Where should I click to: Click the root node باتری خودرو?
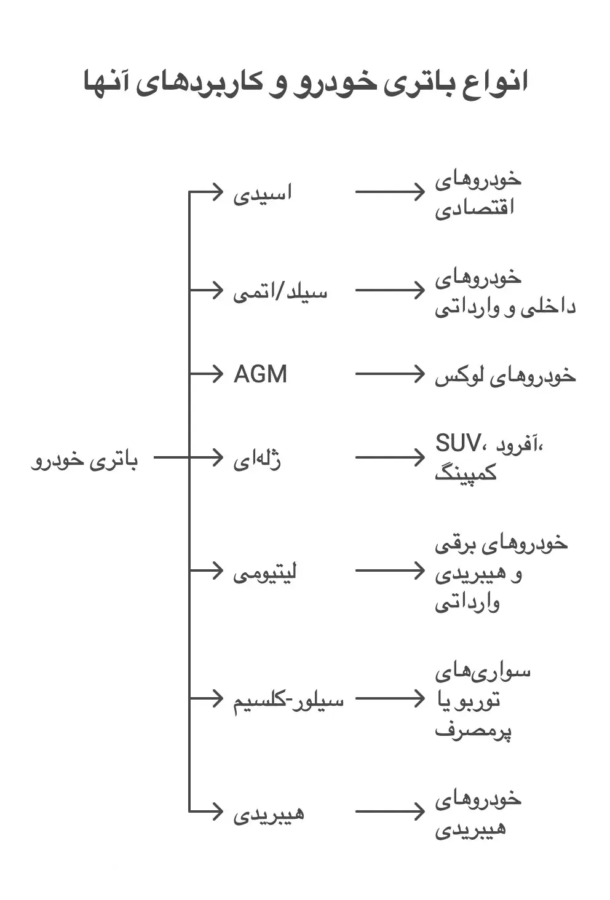[84, 460]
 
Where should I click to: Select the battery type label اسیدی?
[263, 194]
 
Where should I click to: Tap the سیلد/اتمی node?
[280, 292]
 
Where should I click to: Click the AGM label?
[260, 374]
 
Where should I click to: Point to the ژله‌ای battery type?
[257, 460]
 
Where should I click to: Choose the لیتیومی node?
[265, 572]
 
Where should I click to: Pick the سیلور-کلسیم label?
[288, 701]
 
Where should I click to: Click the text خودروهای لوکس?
[505, 376]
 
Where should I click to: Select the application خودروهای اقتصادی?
[478, 194]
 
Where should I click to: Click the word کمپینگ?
[466, 473]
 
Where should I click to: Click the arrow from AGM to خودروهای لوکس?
[390, 374]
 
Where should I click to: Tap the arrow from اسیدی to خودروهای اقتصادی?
[390, 192]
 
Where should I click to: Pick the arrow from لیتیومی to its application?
[390, 570]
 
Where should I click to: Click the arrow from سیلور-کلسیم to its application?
[390, 699]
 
